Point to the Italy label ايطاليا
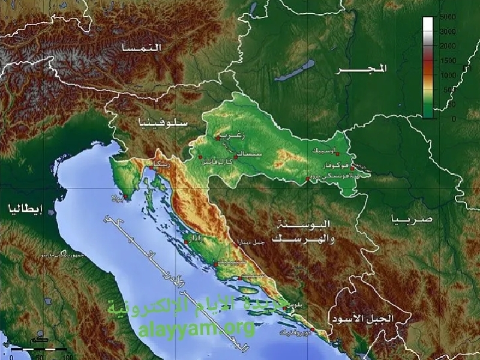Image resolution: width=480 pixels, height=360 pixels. click(x=25, y=209)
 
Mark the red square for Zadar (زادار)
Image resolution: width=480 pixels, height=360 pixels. click(x=187, y=242)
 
